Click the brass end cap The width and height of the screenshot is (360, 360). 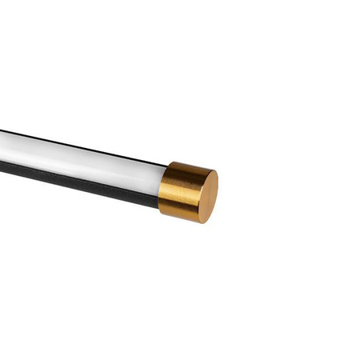point(187,192)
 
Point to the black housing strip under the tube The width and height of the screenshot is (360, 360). point(80,180)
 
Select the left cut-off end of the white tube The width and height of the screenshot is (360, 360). point(2,145)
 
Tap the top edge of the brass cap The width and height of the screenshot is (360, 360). point(184,163)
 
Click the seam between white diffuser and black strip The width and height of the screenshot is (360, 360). point(80,172)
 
